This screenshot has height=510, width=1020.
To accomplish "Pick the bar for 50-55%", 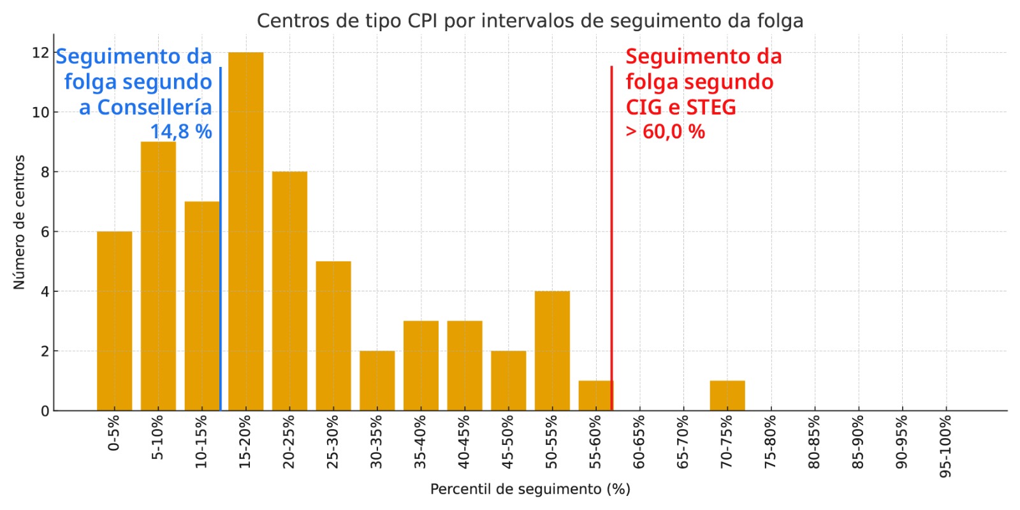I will click(552, 351).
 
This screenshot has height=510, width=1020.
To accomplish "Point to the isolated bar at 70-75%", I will click(727, 396).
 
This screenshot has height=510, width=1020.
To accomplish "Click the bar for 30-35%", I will click(377, 381).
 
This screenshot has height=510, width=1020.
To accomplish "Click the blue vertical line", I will click(221, 255).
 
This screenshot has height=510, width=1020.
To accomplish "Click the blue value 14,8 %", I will click(181, 132).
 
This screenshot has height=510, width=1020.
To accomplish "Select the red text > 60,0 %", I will click(665, 132).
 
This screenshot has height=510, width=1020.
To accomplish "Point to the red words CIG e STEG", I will click(680, 107).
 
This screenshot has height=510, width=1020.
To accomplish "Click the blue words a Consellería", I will click(145, 107).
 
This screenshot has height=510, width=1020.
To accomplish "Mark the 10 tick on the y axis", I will click(40, 112).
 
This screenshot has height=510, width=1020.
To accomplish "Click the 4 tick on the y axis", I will click(45, 291).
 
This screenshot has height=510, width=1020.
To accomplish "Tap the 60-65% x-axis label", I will click(639, 442).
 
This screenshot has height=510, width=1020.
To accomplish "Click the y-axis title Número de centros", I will click(19, 222).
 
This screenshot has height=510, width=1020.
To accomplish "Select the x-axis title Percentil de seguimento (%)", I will click(530, 489).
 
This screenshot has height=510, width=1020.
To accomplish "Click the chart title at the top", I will click(530, 21).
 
